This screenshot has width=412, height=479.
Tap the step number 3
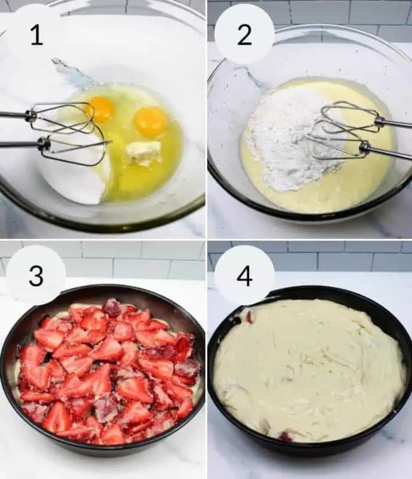click(x=36, y=276)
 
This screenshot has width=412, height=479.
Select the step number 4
click(x=244, y=276)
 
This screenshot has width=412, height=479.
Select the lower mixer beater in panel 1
click(x=74, y=149)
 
